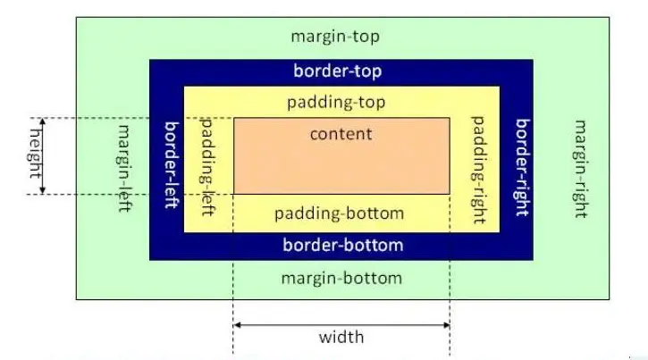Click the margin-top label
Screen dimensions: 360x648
[x=335, y=37]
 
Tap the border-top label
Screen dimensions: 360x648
[x=338, y=71]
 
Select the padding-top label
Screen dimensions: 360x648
[x=336, y=102]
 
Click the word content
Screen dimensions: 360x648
[x=341, y=134]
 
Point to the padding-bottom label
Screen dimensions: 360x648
[x=339, y=213]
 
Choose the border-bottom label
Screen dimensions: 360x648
[x=342, y=245]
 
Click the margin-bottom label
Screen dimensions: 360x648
[x=341, y=278]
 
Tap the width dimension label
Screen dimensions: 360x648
[x=341, y=337]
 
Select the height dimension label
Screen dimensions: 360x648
[x=36, y=153]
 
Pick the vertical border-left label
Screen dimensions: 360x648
[x=170, y=166]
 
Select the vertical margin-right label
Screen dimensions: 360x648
[x=580, y=169]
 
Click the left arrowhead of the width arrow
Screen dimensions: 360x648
[x=238, y=325]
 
